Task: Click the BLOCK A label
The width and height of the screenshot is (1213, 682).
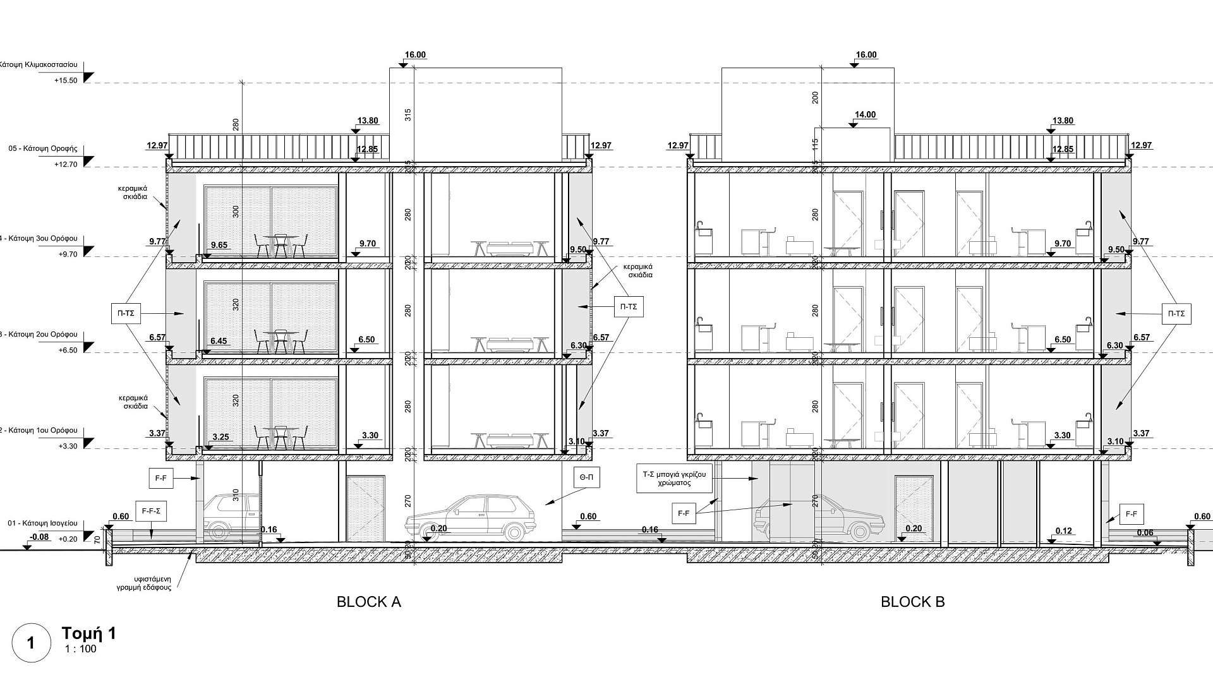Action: tap(369, 602)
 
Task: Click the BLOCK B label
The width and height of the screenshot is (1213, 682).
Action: tap(912, 602)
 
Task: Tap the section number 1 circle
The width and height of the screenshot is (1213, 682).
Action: tap(30, 643)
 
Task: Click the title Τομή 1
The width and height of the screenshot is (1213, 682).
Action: tap(89, 633)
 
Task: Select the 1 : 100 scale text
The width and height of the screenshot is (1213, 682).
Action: tap(81, 649)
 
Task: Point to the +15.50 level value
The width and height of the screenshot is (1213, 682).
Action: tap(66, 81)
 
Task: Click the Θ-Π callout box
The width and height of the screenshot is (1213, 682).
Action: tap(586, 478)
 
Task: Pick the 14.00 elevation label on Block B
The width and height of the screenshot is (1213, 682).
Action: tap(865, 115)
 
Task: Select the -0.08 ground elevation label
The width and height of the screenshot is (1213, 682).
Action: tap(39, 537)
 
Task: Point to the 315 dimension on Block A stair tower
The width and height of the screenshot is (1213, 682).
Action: tap(407, 115)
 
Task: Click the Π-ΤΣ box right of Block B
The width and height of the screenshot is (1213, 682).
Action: tap(1176, 314)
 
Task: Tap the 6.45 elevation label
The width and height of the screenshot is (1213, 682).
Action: tap(219, 341)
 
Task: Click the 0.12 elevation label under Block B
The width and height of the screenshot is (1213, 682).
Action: tap(1064, 531)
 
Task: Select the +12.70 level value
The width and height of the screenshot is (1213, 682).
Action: tap(66, 164)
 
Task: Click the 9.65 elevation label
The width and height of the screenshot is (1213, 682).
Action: tap(219, 245)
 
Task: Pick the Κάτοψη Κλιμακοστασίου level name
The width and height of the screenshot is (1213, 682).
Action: tap(39, 64)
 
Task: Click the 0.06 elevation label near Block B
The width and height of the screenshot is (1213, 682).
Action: tap(1145, 533)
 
